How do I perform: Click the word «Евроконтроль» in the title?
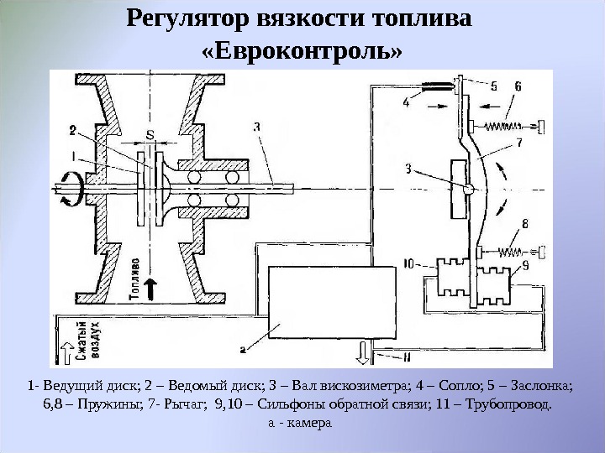302,53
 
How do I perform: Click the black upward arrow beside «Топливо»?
152,288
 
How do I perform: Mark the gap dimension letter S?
150,134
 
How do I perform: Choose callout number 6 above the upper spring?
518,86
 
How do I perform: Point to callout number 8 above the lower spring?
524,224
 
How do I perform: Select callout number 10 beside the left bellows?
408,263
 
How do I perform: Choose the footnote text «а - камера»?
300,423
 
